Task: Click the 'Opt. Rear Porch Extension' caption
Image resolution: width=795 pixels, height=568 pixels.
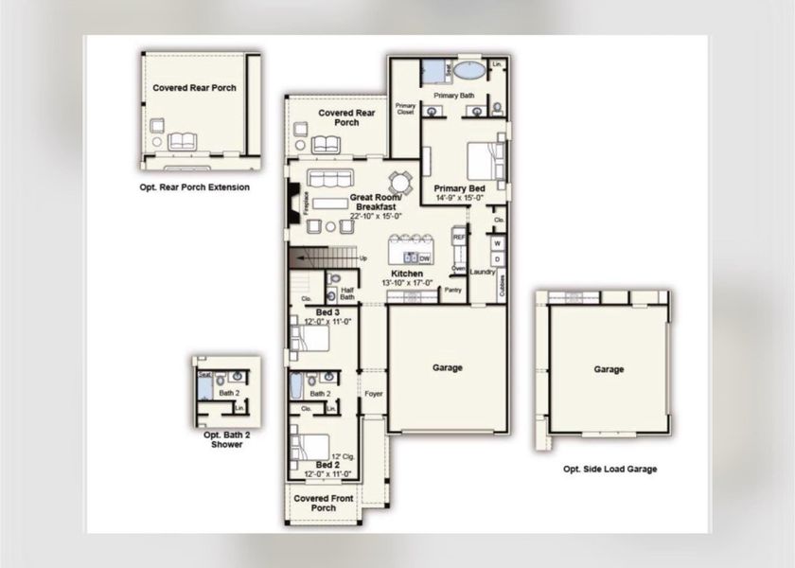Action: click(195, 187)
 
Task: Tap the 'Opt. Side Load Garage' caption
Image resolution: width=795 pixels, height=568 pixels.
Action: click(609, 469)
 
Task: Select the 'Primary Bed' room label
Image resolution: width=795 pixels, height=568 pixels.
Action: click(459, 189)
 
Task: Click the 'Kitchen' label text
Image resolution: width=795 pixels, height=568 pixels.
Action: click(408, 274)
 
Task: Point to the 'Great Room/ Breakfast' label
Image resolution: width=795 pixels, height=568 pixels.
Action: click(377, 202)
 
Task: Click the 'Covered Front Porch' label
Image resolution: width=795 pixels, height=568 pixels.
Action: click(323, 503)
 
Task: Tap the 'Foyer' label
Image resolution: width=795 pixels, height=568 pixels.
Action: click(373, 392)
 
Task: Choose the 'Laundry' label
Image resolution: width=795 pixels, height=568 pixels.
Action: click(483, 273)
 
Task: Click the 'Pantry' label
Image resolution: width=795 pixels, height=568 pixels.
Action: click(452, 291)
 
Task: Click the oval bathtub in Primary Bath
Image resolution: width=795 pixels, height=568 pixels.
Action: click(468, 70)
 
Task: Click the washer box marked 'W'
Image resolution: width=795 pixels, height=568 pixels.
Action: click(497, 244)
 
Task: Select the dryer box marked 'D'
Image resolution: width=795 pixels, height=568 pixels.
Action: click(497, 258)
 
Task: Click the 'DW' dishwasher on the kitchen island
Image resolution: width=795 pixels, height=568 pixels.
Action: click(424, 257)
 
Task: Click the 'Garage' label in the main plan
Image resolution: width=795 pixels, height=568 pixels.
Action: click(448, 368)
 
